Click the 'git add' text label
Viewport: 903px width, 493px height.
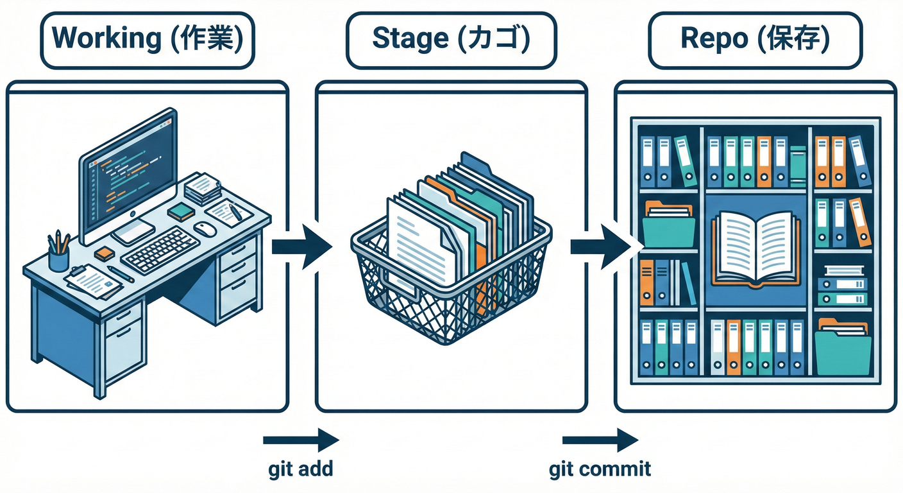[301, 469]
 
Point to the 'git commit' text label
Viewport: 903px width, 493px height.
[600, 469]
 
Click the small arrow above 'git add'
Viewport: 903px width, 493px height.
[301, 440]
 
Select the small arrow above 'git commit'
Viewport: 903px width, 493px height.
[600, 440]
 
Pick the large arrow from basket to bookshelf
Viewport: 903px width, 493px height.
[603, 246]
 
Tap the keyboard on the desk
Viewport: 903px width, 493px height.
[160, 249]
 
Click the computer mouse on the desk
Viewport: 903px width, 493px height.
[204, 227]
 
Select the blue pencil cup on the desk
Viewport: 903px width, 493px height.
[58, 258]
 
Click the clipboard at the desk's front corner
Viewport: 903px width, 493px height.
[94, 280]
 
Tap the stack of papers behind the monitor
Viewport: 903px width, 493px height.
[202, 188]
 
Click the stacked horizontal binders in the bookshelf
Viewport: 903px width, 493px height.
[843, 286]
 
